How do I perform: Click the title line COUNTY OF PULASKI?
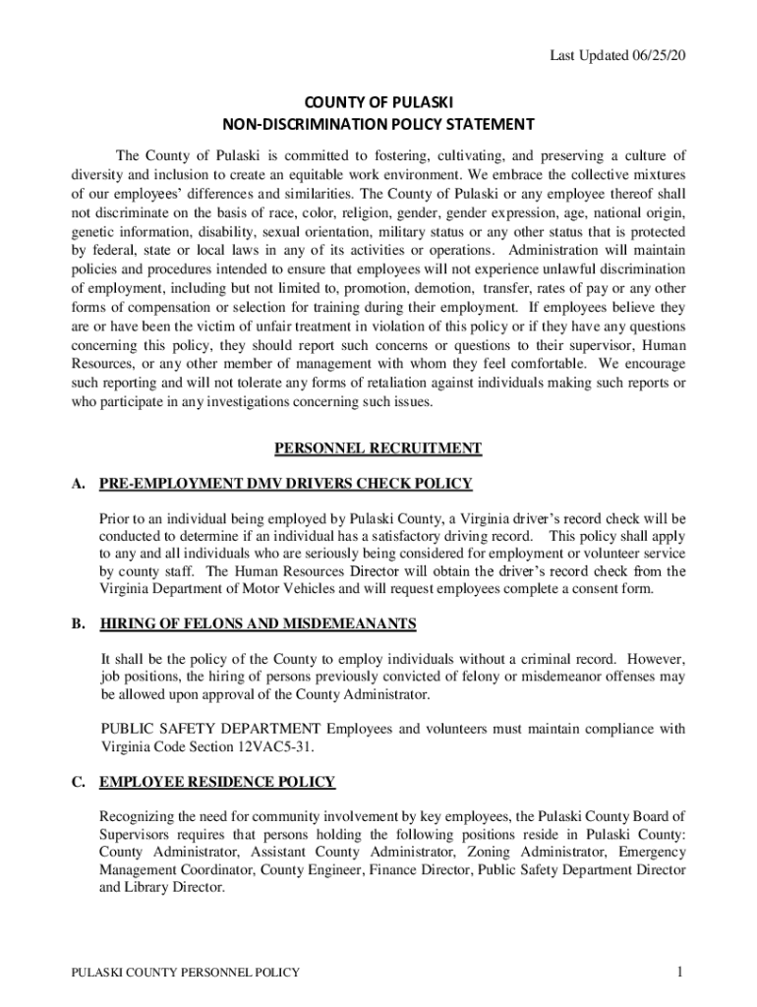(x=378, y=102)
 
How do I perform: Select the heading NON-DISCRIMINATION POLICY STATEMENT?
(x=378, y=125)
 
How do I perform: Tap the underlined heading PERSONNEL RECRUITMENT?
(x=378, y=449)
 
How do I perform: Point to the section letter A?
(x=77, y=484)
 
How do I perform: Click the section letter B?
(x=77, y=624)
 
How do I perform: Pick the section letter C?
(x=77, y=783)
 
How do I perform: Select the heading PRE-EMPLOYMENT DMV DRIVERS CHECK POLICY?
(x=286, y=484)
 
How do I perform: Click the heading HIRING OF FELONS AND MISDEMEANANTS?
(x=258, y=624)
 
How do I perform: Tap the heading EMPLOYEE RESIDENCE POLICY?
(x=217, y=783)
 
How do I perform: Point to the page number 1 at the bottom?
(x=678, y=973)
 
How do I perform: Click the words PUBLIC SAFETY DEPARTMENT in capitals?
(x=210, y=729)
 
